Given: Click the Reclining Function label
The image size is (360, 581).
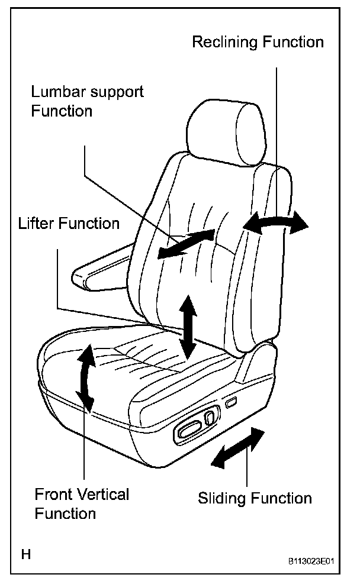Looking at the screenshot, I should click(258, 43).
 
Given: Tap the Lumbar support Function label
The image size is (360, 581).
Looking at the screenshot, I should click(88, 101).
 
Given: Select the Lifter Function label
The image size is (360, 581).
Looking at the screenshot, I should click(69, 224).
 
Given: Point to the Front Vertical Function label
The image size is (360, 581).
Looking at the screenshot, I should click(82, 503).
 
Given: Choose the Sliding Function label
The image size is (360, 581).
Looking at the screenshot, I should click(255, 498).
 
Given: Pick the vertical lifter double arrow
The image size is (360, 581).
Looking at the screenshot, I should click(188, 326).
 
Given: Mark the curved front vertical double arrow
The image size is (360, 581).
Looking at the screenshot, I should click(86, 377).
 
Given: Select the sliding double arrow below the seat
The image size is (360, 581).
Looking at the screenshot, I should click(238, 448).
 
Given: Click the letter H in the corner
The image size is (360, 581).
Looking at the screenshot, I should click(26, 555).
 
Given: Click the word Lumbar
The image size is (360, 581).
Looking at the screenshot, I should click(58, 92).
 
